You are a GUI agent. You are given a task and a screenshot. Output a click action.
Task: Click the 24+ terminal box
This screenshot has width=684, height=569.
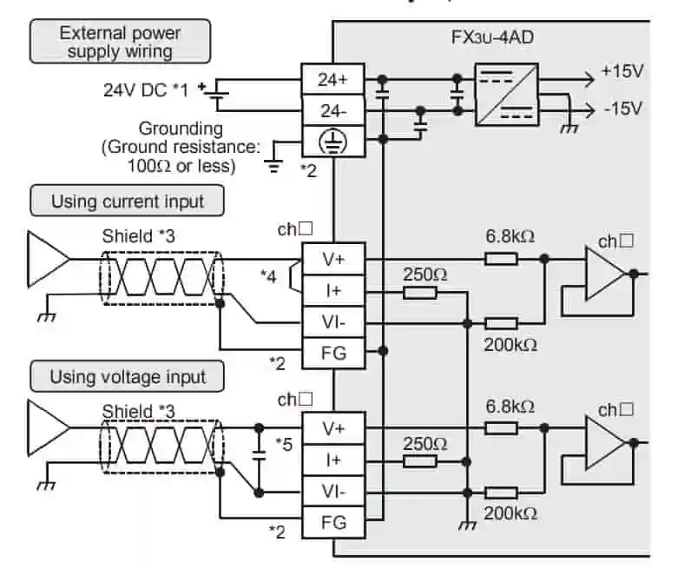[332, 80]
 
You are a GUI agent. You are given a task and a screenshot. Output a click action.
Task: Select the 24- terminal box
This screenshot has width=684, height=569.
[332, 111]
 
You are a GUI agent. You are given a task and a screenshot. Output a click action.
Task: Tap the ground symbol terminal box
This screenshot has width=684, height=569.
[332, 142]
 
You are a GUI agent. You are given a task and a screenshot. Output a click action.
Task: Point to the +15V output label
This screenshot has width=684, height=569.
[622, 72]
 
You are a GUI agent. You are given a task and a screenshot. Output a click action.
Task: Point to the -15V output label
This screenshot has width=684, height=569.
[622, 109]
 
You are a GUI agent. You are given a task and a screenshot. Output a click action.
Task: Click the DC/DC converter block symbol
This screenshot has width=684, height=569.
[506, 95]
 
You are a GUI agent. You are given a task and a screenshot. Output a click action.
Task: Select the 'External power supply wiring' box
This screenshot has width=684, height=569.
[120, 42]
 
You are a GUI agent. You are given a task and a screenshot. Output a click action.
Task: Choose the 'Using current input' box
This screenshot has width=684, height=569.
[127, 202]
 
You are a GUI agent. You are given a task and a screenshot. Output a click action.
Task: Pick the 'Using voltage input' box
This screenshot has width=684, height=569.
[128, 377]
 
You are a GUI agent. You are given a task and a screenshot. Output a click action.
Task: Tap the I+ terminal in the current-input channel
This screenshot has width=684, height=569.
[332, 290]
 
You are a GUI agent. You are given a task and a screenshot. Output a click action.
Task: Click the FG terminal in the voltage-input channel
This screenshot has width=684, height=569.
[332, 522]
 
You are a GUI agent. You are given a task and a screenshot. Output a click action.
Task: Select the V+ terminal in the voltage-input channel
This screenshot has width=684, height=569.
[332, 427]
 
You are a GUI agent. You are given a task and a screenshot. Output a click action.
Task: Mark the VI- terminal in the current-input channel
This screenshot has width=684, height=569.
[332, 321]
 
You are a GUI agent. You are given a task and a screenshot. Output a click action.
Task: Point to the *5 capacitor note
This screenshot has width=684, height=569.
[283, 443]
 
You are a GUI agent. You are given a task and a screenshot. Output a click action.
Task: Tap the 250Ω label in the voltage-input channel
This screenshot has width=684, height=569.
[425, 443]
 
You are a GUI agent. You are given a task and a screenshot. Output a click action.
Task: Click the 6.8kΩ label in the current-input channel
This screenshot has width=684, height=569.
[510, 235]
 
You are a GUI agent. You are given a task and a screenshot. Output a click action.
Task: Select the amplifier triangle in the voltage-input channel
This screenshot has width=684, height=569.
[606, 442]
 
